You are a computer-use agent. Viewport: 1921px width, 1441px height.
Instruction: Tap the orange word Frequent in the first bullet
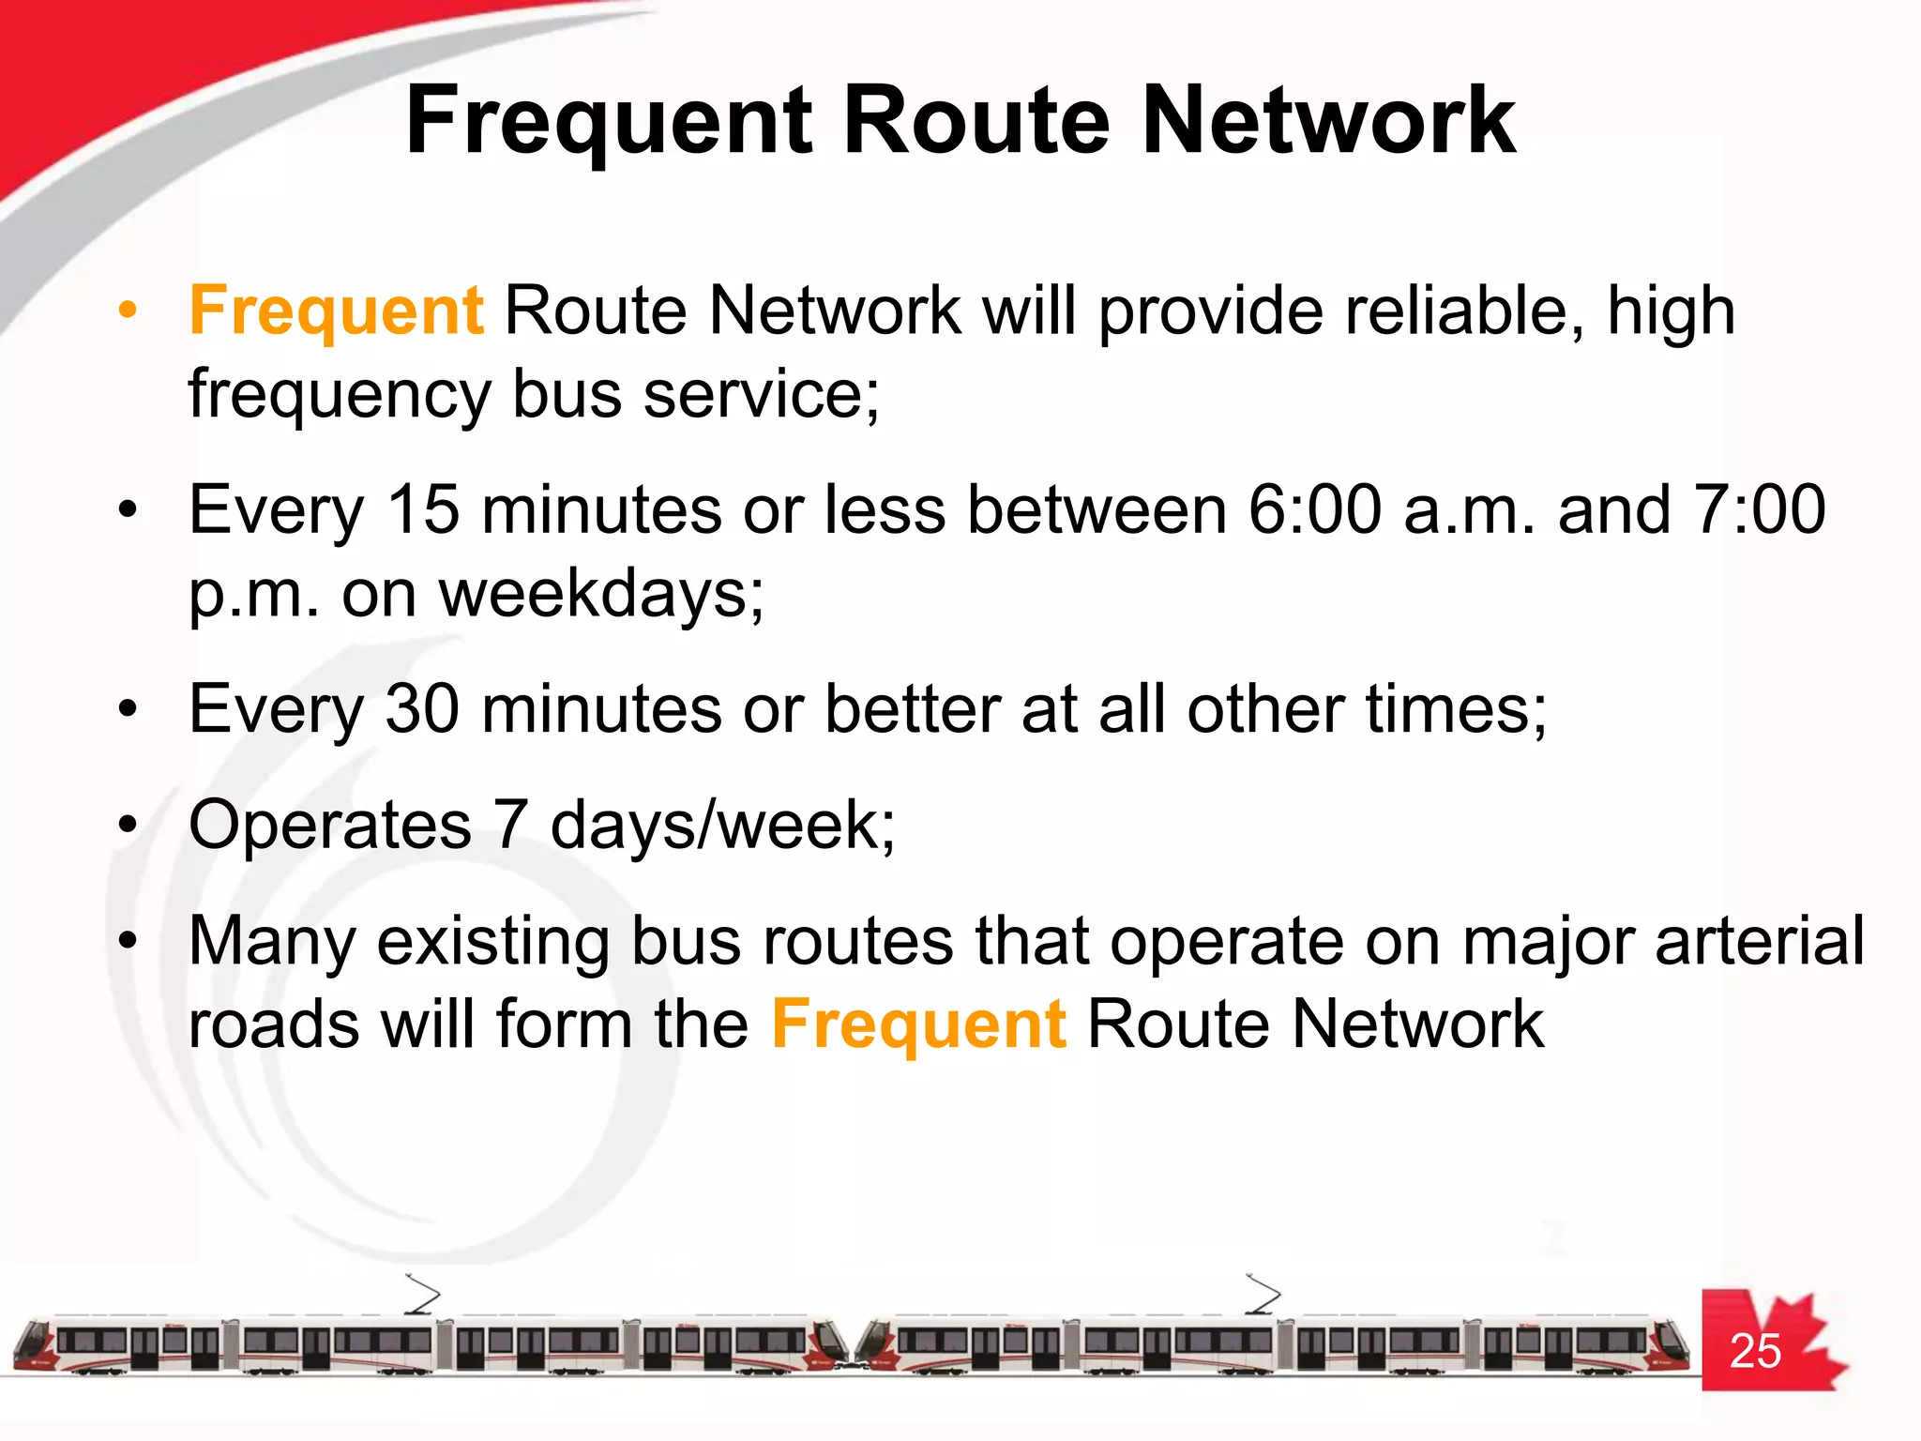click(336, 311)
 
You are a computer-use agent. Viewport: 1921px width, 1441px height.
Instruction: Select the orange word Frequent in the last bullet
click(918, 1024)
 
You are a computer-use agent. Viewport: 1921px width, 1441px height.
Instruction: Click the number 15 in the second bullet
click(423, 510)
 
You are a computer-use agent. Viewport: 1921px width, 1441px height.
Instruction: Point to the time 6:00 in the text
click(1314, 510)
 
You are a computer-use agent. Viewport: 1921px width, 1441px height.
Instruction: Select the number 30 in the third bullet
click(422, 709)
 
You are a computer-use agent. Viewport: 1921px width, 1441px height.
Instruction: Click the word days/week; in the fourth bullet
click(722, 826)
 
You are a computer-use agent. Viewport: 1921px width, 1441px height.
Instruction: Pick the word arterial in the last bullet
click(1760, 941)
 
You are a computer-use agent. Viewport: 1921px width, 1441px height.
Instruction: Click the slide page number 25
click(1755, 1351)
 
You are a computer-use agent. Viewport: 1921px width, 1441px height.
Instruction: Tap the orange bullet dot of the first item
click(129, 311)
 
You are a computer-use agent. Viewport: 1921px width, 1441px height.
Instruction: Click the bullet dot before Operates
click(129, 827)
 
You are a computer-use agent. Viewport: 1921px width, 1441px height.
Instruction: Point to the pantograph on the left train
click(422, 1295)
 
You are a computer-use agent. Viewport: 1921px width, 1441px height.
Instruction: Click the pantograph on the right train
click(1263, 1295)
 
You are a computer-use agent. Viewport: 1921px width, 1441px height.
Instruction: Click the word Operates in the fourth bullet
click(329, 826)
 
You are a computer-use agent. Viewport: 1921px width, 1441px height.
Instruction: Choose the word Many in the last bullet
click(272, 941)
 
